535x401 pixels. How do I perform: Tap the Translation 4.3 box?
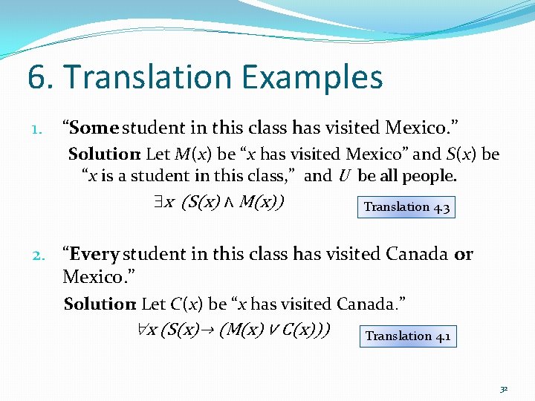pos(406,206)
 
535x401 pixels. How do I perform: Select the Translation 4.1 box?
pos(407,336)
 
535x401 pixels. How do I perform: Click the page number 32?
pos(503,388)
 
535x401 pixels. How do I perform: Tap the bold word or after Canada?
pos(463,254)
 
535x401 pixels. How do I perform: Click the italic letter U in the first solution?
pos(343,177)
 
